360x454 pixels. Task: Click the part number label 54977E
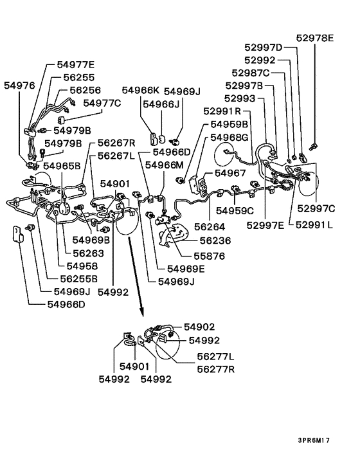pos(75,64)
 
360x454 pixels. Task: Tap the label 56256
pos(85,90)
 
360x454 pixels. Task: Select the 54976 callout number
pos(19,86)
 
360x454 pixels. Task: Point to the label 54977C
pos(102,103)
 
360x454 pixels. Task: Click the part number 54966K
pos(141,90)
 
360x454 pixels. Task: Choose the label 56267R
pos(116,143)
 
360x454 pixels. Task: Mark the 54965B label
pos(62,166)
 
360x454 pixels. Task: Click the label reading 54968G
pos(230,137)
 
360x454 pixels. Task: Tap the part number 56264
pos(210,227)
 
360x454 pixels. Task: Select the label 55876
pos(209,256)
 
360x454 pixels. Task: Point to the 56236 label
pos(215,241)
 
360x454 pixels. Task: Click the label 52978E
pos(315,38)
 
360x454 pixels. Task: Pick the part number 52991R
pos(222,111)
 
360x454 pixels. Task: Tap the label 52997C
pos(316,208)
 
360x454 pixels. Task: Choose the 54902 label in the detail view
pos(199,327)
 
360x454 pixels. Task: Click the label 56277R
pos(216,369)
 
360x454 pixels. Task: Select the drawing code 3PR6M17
pos(314,440)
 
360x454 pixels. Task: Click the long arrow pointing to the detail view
pos(136,277)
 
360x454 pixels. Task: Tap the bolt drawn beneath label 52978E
pos(312,147)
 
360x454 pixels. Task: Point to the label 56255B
pos(78,279)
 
